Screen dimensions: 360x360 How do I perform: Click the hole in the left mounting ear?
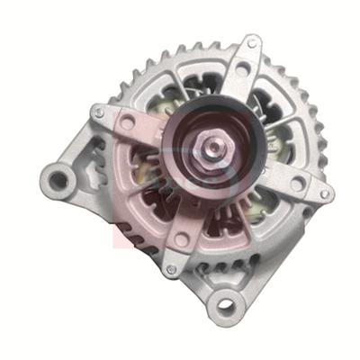(58, 180)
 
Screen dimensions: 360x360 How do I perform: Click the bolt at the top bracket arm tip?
(253, 42)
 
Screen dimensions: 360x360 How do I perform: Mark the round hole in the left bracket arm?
(129, 120)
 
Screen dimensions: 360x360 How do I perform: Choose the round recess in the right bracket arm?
(297, 184)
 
